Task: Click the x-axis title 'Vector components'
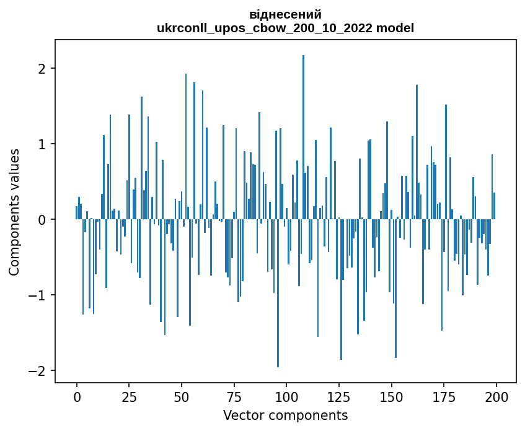coord(285,415)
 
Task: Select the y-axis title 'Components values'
coord(14,212)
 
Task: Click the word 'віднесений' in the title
coord(285,14)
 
